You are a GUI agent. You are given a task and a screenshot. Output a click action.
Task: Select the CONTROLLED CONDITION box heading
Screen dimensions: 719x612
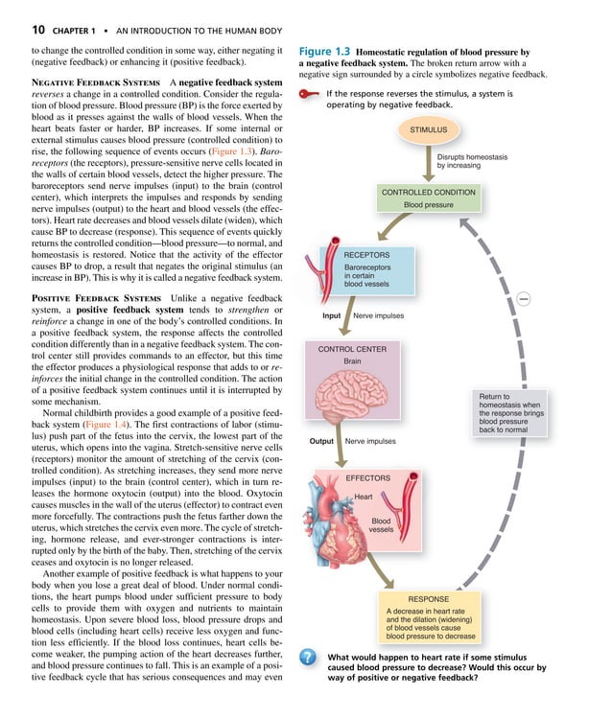pos(428,193)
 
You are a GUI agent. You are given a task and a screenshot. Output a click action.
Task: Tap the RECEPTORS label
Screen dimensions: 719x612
pos(366,255)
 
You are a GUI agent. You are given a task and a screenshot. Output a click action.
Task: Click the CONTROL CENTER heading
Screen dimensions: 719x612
pos(352,349)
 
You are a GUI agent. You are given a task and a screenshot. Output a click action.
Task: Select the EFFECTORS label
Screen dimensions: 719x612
pos(367,477)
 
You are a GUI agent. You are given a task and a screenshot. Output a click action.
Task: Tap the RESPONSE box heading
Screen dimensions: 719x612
pos(429,598)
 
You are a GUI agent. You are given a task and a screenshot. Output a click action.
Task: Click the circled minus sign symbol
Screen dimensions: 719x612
pos(524,298)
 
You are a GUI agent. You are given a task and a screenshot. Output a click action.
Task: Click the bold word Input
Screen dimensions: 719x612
pos(331,315)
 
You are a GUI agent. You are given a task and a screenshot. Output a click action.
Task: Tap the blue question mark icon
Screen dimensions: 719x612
pos(308,658)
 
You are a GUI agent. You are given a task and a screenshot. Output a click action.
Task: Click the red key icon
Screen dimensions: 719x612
pos(309,94)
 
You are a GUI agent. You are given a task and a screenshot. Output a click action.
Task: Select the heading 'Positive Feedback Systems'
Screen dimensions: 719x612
pos(80,299)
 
